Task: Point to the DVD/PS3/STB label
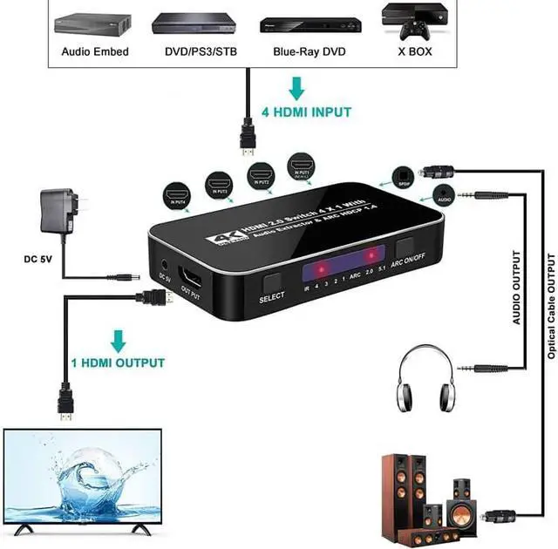click(200, 51)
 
